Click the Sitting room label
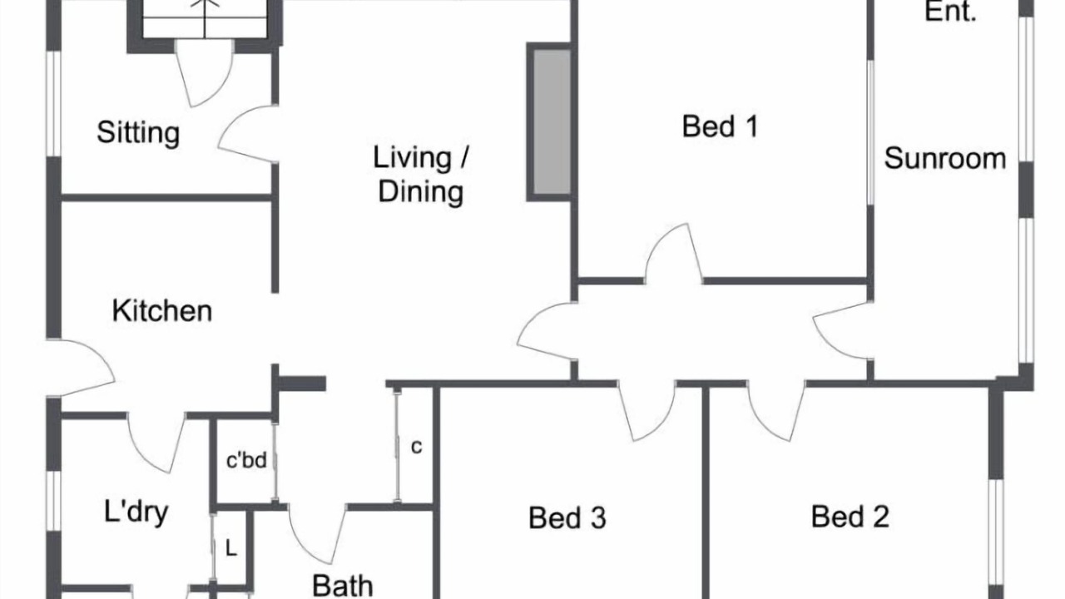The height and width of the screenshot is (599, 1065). pos(138,132)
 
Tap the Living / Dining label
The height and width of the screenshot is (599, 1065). pos(421,175)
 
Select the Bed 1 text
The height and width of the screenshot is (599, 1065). pos(720,126)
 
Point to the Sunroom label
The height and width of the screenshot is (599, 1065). pos(944,158)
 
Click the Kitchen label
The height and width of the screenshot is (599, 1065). pos(162,311)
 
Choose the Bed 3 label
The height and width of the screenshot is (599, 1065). pos(567,517)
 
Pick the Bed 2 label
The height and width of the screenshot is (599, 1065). pos(850,517)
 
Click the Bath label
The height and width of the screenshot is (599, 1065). pos(342,586)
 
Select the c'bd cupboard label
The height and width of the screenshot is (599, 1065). pos(246,460)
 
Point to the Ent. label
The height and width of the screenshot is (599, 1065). pos(950,12)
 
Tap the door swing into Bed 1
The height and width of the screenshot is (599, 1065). pos(674,254)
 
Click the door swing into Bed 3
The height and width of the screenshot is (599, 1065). pos(646,411)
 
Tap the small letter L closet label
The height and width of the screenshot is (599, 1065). pos(231,550)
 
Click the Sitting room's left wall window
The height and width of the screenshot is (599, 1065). pos(54,103)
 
